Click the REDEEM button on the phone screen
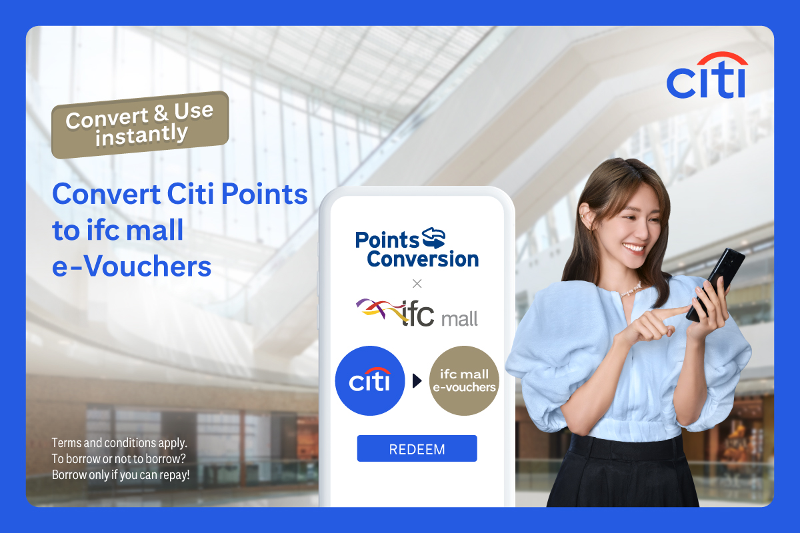(417, 448)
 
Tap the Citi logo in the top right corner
(707, 77)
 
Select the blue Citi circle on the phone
(370, 381)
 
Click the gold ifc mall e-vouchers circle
(464, 381)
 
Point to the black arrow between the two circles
(417, 381)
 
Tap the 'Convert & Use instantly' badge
(140, 125)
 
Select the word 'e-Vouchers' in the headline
(132, 266)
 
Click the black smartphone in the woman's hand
(717, 283)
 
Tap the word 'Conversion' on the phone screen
(423, 259)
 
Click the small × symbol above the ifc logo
(417, 283)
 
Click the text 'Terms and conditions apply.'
(119, 442)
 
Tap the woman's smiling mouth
(633, 249)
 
